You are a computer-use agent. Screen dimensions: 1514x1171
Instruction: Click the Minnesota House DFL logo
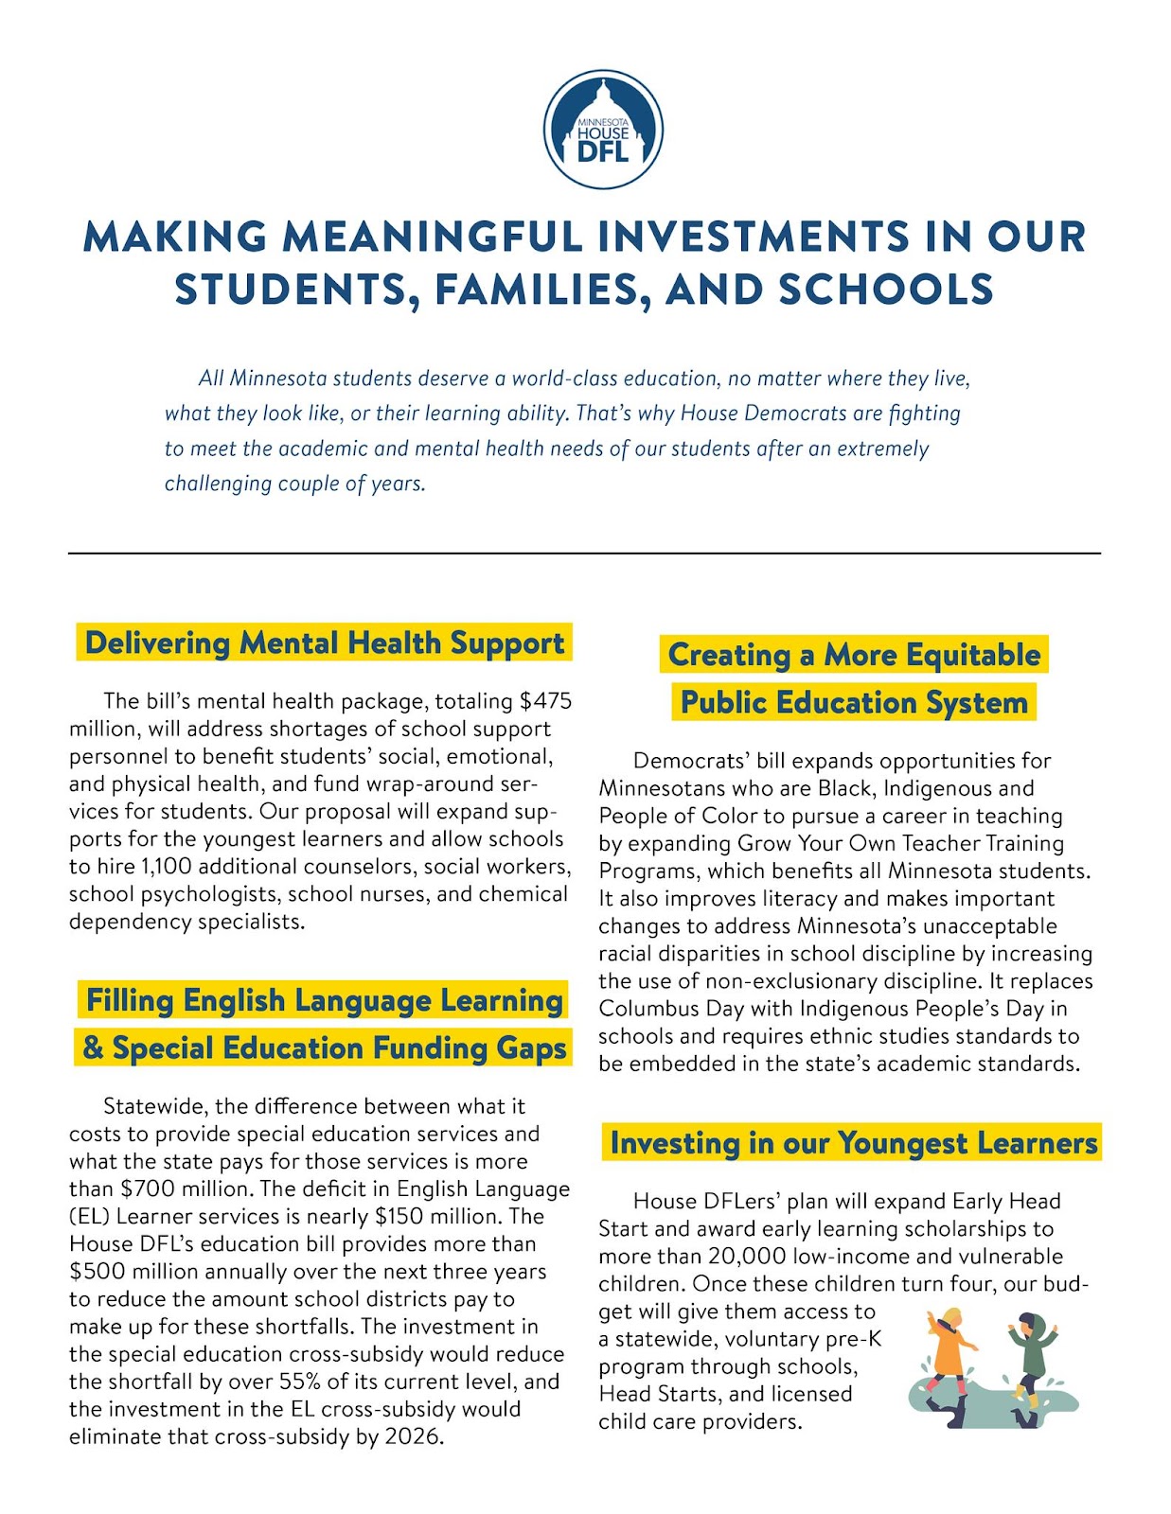pyautogui.click(x=602, y=129)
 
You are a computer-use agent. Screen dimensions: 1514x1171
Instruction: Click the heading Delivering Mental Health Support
pyautogui.click(x=324, y=643)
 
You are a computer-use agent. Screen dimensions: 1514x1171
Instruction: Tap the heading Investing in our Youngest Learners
pyautogui.click(x=853, y=1142)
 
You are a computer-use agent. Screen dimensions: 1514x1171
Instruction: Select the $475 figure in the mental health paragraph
pyautogui.click(x=545, y=701)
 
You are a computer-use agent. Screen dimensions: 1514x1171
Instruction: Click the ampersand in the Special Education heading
pyautogui.click(x=93, y=1048)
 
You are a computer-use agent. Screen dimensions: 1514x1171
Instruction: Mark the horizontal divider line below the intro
pyautogui.click(x=584, y=553)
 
